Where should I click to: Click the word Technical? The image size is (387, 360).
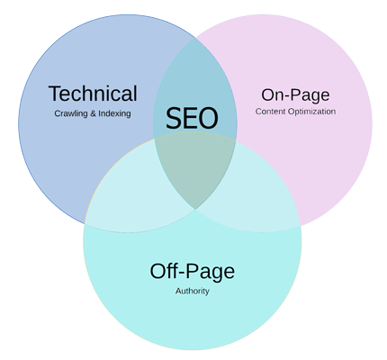tap(93, 94)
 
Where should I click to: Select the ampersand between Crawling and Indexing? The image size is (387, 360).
tap(93, 113)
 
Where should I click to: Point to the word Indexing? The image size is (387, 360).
tap(114, 113)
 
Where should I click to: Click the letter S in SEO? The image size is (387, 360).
tap(175, 118)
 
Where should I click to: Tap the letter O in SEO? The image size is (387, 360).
tap(208, 118)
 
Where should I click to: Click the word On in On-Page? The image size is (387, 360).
tap(272, 94)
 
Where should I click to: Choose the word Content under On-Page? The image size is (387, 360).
tap(271, 112)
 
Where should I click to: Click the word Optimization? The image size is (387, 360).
tap(311, 112)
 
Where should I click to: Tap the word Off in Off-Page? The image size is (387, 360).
tap(165, 271)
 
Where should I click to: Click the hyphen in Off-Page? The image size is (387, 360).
tap(183, 273)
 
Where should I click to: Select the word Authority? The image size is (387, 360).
tap(193, 291)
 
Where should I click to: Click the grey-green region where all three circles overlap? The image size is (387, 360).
tap(194, 168)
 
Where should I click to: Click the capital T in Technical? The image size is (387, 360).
tap(55, 94)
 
